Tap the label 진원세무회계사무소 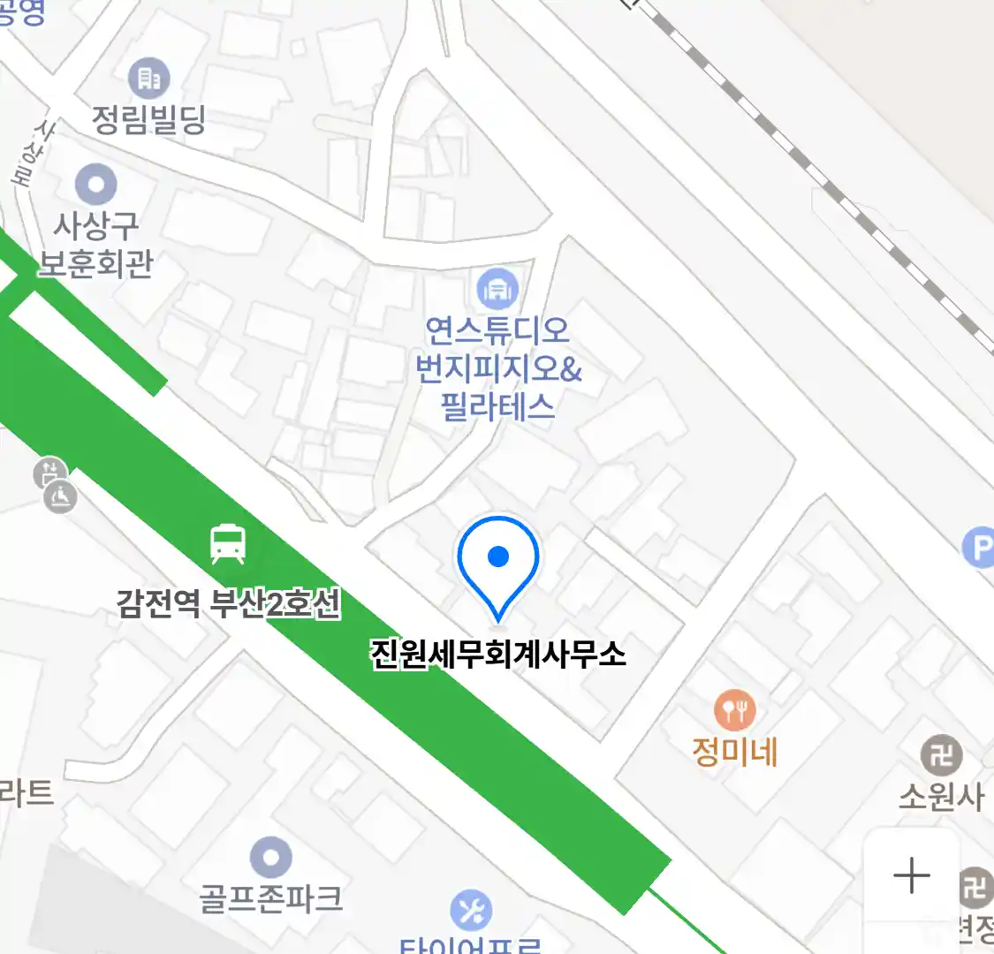tap(498, 654)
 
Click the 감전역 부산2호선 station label tap(228, 604)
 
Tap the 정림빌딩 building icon tap(149, 79)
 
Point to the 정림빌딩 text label tap(149, 118)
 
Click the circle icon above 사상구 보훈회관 tap(96, 185)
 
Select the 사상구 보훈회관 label tap(96, 246)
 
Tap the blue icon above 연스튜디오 tap(497, 288)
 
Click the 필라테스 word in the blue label tap(497, 407)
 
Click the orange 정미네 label tap(734, 752)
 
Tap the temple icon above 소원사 tap(941, 755)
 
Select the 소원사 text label tap(941, 796)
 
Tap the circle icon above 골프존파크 tap(270, 857)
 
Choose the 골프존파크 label tap(270, 898)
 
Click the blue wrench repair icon tap(471, 910)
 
